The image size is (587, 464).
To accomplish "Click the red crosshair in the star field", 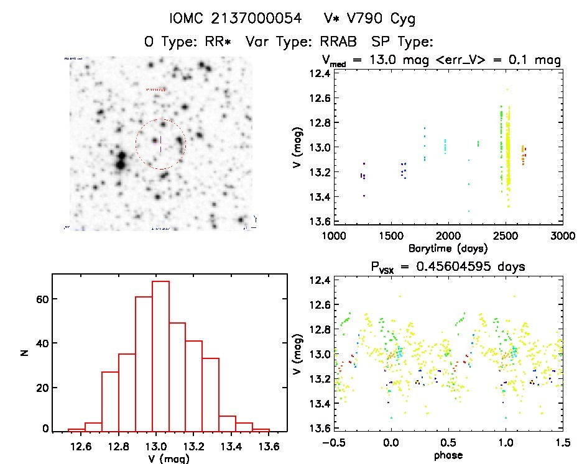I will tap(160, 143).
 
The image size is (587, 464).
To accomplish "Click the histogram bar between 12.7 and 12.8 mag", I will tap(110, 401).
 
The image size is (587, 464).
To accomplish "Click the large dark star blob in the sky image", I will tap(119, 163).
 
